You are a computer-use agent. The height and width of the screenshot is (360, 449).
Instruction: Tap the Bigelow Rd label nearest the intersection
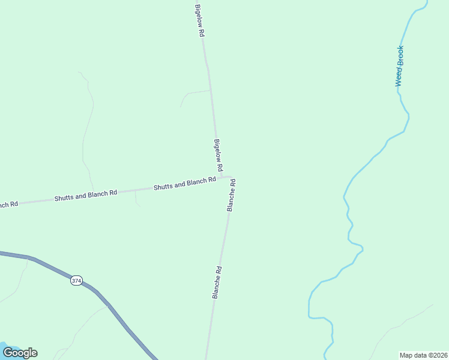point(218,155)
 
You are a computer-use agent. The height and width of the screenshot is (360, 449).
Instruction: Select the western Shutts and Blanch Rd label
point(85,195)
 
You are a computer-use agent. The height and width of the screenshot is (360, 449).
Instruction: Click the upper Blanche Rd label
point(231,195)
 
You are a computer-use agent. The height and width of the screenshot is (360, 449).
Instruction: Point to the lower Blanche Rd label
point(217,283)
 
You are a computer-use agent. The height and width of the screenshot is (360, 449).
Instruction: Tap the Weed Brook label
point(399,66)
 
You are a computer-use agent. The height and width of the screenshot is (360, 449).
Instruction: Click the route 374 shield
point(76,281)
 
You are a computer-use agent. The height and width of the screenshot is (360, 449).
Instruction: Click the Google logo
point(20,352)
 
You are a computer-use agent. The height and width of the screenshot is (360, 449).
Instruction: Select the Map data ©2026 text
point(423,355)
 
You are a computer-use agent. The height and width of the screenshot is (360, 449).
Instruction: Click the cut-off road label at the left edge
point(8,204)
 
